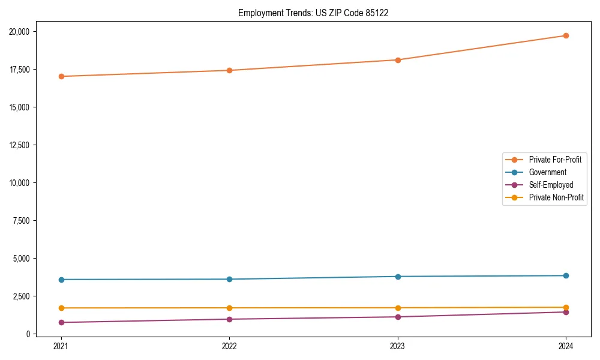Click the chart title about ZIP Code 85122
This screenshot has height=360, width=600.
pyautogui.click(x=313, y=13)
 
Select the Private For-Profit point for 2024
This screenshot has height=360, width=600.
pyautogui.click(x=566, y=35)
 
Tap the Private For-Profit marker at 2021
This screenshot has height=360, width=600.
pyautogui.click(x=61, y=76)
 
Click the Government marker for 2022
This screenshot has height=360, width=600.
pyautogui.click(x=229, y=279)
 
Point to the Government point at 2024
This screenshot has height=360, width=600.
pyautogui.click(x=566, y=275)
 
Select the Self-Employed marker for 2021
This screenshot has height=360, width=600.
pyautogui.click(x=61, y=322)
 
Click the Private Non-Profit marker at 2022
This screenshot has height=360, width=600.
pyautogui.click(x=229, y=308)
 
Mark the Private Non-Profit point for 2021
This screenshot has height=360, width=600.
pyautogui.click(x=61, y=308)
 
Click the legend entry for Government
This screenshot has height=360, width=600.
pyautogui.click(x=547, y=172)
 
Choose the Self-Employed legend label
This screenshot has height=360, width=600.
pyautogui.click(x=551, y=185)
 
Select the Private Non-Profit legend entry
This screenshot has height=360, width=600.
pyautogui.click(x=556, y=197)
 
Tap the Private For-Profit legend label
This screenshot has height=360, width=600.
pyautogui.click(x=555, y=160)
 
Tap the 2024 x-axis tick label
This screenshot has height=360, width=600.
pyautogui.click(x=566, y=346)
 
